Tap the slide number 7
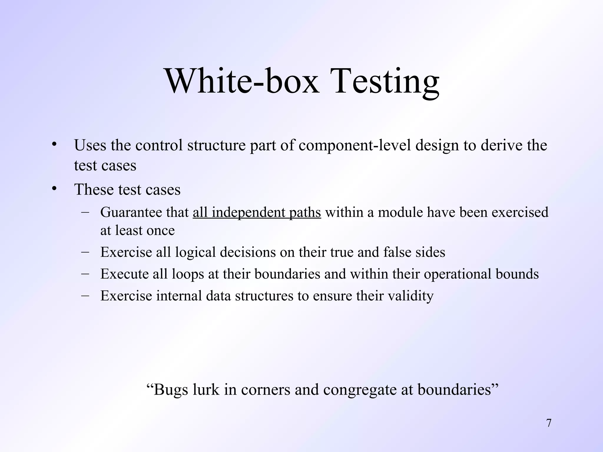coord(549,423)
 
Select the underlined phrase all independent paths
coord(257,212)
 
